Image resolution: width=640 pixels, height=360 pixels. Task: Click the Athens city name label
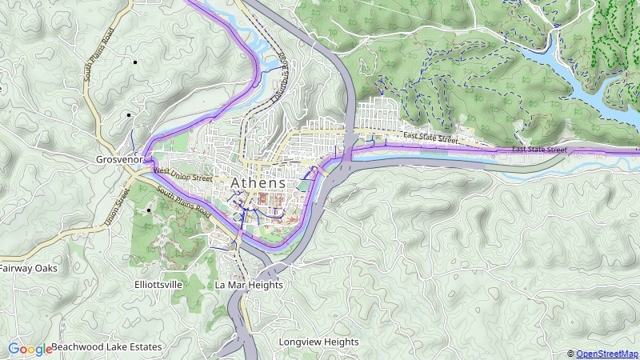[258, 183]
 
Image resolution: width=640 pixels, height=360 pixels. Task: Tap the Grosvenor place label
[119, 159]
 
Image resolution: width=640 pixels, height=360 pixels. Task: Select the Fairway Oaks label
[29, 269]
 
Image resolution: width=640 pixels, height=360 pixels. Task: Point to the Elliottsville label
[158, 285]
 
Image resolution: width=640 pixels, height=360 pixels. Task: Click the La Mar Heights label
[249, 285]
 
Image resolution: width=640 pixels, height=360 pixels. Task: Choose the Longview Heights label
[318, 342]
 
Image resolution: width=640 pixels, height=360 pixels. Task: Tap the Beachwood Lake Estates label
[106, 347]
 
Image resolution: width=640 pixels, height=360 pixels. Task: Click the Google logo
[30, 349]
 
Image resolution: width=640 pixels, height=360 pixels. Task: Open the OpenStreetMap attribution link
[607, 354]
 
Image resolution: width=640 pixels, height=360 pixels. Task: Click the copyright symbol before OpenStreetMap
[571, 354]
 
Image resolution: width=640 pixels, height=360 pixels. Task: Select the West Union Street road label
[182, 173]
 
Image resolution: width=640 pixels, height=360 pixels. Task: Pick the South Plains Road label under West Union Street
[183, 203]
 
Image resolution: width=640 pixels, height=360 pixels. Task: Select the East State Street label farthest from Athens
[539, 150]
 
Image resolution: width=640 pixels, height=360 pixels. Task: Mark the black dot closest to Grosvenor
[128, 115]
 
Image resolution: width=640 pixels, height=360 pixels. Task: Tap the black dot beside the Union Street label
[148, 210]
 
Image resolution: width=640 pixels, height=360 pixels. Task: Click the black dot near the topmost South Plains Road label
[134, 62]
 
